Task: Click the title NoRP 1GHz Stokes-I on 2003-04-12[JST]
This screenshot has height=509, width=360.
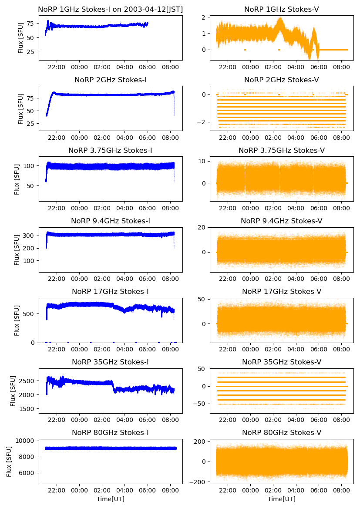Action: [x=111, y=9]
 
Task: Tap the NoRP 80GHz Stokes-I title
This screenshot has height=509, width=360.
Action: [x=111, y=432]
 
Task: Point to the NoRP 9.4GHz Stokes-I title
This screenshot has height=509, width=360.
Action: [x=111, y=221]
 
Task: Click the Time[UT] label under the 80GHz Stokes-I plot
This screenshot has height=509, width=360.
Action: [x=111, y=499]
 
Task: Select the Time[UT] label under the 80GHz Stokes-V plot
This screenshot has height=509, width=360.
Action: [x=281, y=499]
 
